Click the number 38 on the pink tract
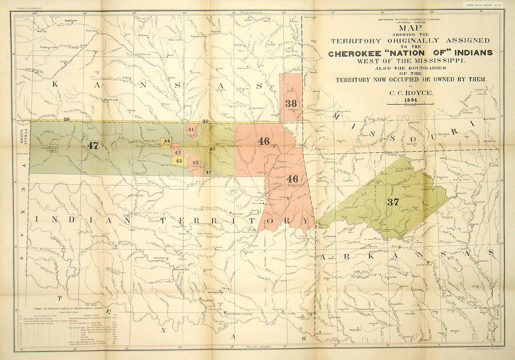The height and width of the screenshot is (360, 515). pos(291,103)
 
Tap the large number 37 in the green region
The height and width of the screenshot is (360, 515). pos(393,202)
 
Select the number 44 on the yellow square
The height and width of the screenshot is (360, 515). pos(167,141)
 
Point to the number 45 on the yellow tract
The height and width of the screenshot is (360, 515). pos(179,160)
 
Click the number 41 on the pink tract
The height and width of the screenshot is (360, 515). pos(191,129)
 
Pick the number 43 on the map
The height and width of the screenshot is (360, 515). pos(177,152)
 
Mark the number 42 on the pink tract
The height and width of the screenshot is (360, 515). pos(196,163)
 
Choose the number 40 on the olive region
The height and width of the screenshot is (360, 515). pos(212,148)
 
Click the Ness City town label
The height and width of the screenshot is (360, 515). pos(42,31)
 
